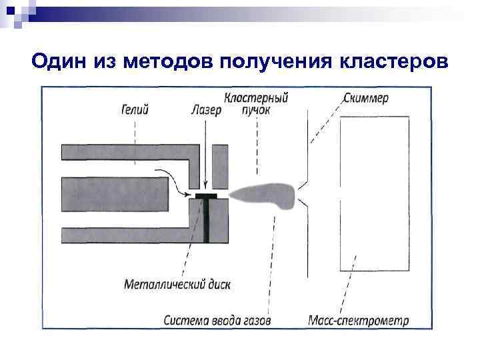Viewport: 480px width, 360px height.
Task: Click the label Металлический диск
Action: pos(177,284)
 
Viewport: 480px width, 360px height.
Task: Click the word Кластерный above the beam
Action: pos(256,98)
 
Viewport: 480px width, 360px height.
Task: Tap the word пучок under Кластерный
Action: pos(255,110)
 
